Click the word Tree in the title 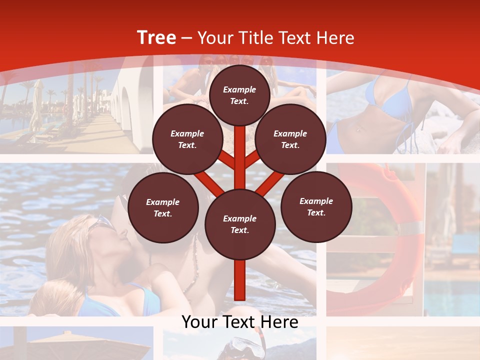pyautogui.click(x=156, y=38)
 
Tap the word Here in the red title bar pyautogui.click(x=335, y=38)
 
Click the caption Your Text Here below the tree pyautogui.click(x=239, y=322)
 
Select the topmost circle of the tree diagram pyautogui.click(x=239, y=95)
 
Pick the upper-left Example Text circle pyautogui.click(x=187, y=139)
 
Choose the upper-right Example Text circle pyautogui.click(x=290, y=139)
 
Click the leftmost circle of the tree pyautogui.click(x=162, y=208)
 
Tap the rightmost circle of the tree pyautogui.click(x=316, y=207)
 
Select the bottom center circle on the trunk pyautogui.click(x=239, y=224)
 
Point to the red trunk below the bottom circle pyautogui.click(x=239, y=280)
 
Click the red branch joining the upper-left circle pyautogui.click(x=227, y=160)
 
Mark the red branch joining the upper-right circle pyautogui.click(x=252, y=160)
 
